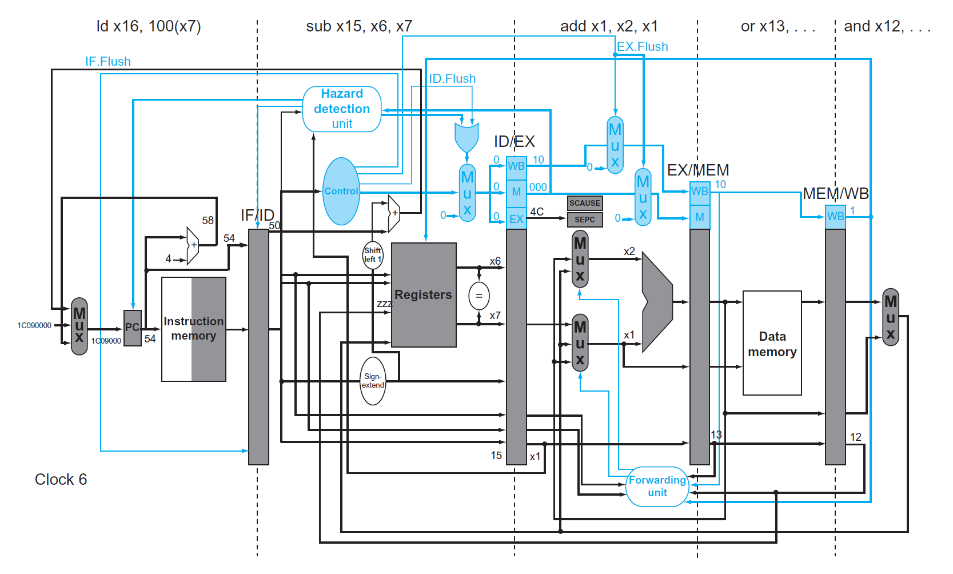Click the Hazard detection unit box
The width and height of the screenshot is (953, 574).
tap(342, 109)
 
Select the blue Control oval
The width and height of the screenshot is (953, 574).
tap(341, 191)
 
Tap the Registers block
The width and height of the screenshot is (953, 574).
tap(424, 295)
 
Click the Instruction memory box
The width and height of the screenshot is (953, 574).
tap(194, 329)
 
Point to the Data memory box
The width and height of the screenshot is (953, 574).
tap(772, 343)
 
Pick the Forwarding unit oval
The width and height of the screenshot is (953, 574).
tap(657, 486)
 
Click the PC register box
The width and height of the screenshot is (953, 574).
tap(133, 328)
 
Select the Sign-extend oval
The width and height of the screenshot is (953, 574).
tap(373, 381)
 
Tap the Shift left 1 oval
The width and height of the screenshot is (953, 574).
tap(373, 255)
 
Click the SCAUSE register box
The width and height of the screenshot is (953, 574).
tap(585, 203)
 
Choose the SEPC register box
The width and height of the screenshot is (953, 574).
tap(585, 220)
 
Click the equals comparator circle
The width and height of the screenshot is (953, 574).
tap(479, 296)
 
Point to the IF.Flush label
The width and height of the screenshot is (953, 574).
tap(108, 61)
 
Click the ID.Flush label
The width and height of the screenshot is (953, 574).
tap(452, 78)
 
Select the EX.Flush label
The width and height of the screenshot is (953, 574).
tap(642, 46)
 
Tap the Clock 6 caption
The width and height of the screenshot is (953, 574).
tap(61, 479)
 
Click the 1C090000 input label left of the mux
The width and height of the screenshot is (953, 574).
tap(34, 325)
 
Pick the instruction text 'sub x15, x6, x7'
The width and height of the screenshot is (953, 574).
tap(359, 26)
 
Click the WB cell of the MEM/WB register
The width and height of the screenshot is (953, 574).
tap(835, 217)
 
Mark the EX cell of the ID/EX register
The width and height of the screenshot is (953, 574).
tap(516, 219)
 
